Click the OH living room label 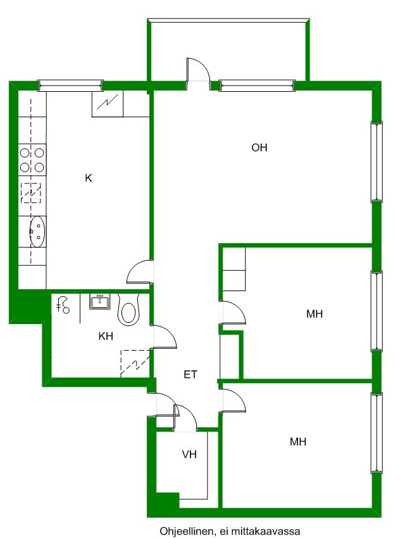pos(259,147)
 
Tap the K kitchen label pos(89,178)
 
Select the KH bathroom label pos(106,336)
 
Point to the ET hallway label pos(190,374)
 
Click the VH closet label pos(189,454)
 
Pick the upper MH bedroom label pos(315,313)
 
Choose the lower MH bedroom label pos(298,442)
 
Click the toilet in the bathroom pos(128,308)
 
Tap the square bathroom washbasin pos(100,302)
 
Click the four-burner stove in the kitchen pos(32,160)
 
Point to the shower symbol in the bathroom pos(63,304)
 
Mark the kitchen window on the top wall pos(70,86)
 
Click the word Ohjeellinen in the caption pos(187,532)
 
